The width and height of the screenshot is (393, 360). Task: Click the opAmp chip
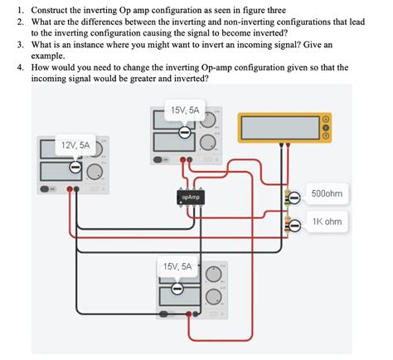(x=188, y=197)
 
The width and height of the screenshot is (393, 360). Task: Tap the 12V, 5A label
(x=74, y=144)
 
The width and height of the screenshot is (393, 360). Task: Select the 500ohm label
(x=326, y=193)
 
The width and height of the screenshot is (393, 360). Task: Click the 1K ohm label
(x=327, y=222)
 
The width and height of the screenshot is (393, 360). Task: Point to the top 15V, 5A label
(x=185, y=110)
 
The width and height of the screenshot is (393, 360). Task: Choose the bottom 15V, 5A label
(x=177, y=266)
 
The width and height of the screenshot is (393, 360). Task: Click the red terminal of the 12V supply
(x=78, y=189)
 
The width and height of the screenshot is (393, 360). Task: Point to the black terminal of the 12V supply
(x=70, y=189)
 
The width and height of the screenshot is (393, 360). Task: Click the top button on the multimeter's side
(x=325, y=118)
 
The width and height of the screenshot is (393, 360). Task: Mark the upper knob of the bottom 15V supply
(x=214, y=273)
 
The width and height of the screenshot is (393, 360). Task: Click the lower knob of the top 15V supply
(x=209, y=140)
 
